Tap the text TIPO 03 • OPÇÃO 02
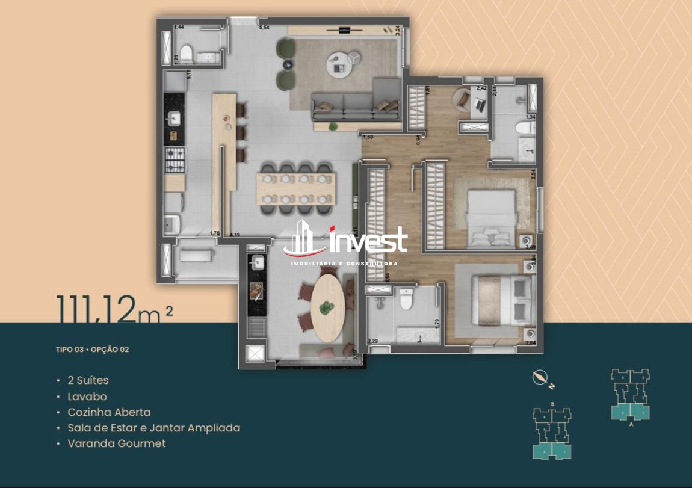[x=92, y=349]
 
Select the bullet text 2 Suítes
[x=88, y=380]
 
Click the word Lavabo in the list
[x=87, y=397]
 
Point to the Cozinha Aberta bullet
[x=109, y=412]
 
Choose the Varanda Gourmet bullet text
[x=117, y=443]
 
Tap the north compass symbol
[x=540, y=378]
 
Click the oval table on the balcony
[x=328, y=307]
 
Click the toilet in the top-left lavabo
[x=187, y=54]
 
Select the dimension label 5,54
[x=264, y=28]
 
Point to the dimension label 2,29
[x=373, y=342]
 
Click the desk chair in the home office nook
[x=464, y=97]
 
